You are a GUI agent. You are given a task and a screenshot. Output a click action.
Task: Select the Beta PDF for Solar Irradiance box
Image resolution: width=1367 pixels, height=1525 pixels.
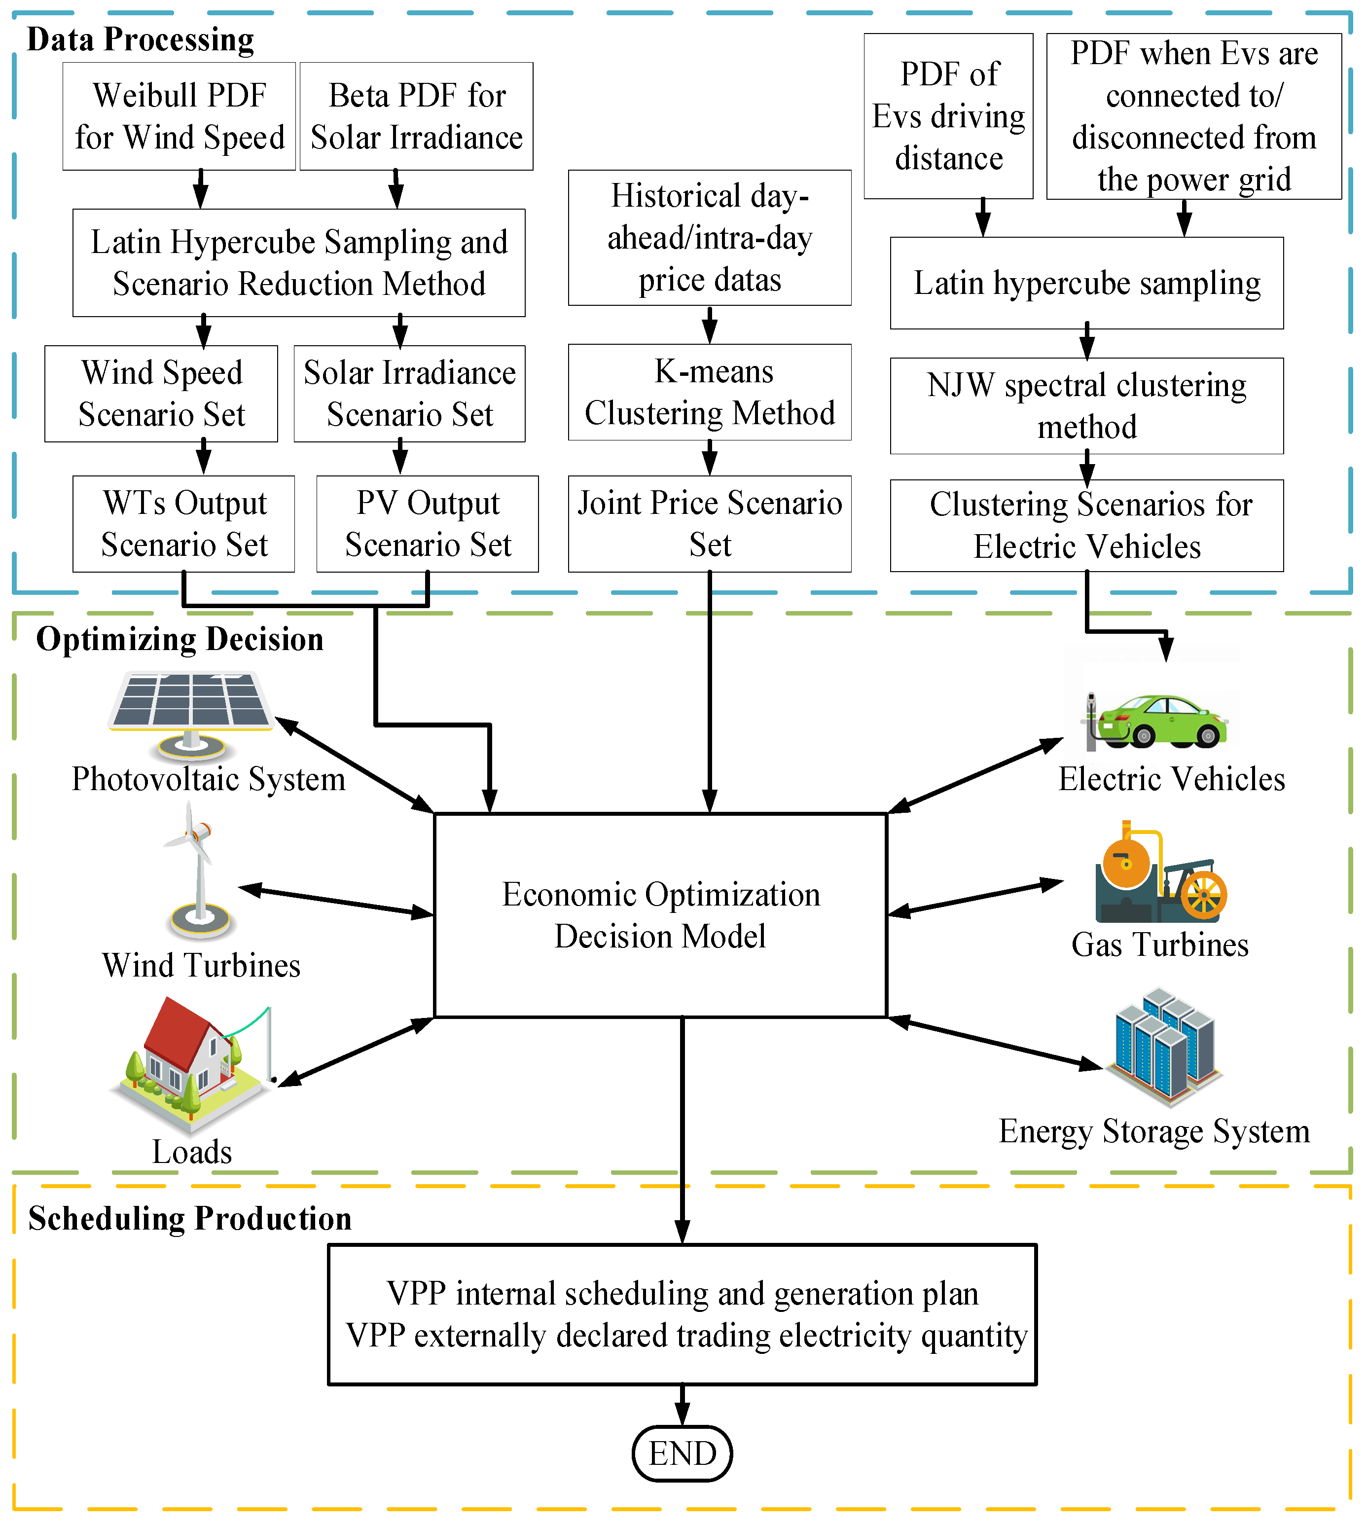click(416, 116)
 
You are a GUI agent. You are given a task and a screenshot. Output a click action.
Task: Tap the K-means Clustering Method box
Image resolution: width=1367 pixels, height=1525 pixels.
click(709, 392)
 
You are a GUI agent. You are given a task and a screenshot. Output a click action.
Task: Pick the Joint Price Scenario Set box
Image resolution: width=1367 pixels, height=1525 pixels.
click(709, 524)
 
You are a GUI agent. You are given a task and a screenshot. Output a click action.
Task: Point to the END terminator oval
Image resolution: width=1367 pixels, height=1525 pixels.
click(682, 1453)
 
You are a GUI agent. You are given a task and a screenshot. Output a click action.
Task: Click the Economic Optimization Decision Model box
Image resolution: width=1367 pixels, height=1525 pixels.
click(660, 915)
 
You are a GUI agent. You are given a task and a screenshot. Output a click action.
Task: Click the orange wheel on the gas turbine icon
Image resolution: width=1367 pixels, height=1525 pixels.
click(1203, 896)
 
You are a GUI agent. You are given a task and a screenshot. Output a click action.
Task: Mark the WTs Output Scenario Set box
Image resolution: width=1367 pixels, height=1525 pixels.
click(184, 524)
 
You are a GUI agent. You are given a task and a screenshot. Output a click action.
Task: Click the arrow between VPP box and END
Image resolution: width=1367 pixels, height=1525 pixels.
click(682, 1405)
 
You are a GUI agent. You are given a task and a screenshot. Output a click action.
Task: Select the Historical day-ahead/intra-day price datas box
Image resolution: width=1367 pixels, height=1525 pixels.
click(709, 237)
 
